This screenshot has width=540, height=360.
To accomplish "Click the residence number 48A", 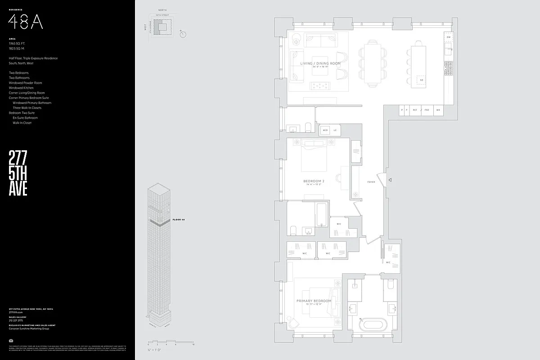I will (26, 21).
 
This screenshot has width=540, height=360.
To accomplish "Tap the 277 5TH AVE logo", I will (18, 174).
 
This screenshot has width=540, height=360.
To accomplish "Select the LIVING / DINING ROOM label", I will (320, 64).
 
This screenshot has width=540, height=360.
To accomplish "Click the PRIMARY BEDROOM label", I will (314, 301).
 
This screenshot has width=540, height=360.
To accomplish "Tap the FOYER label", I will (371, 182).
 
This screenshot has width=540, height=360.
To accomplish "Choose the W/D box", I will (325, 130).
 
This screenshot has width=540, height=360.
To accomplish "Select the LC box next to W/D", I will (335, 130).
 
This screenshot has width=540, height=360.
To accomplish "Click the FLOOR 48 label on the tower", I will (179, 220).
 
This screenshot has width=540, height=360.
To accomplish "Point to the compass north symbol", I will (182, 34).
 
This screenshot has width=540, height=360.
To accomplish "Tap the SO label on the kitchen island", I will (421, 81).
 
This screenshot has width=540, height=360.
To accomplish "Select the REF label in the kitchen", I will (415, 110).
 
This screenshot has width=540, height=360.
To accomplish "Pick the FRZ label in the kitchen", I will (427, 110).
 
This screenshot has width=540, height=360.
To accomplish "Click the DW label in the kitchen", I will (449, 37).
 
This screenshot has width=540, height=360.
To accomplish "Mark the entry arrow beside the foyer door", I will (390, 180).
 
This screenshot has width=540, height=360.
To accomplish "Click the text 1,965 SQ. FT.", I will (18, 43).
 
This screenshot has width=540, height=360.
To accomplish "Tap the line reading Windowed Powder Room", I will (25, 83).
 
